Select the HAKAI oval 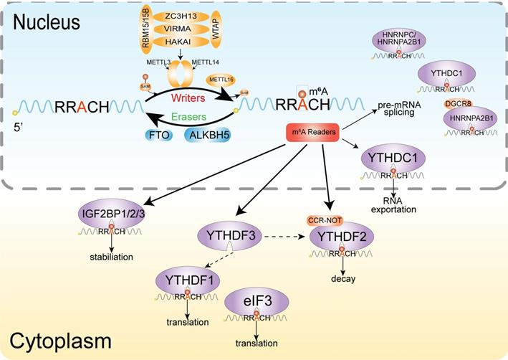pos(166,45)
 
